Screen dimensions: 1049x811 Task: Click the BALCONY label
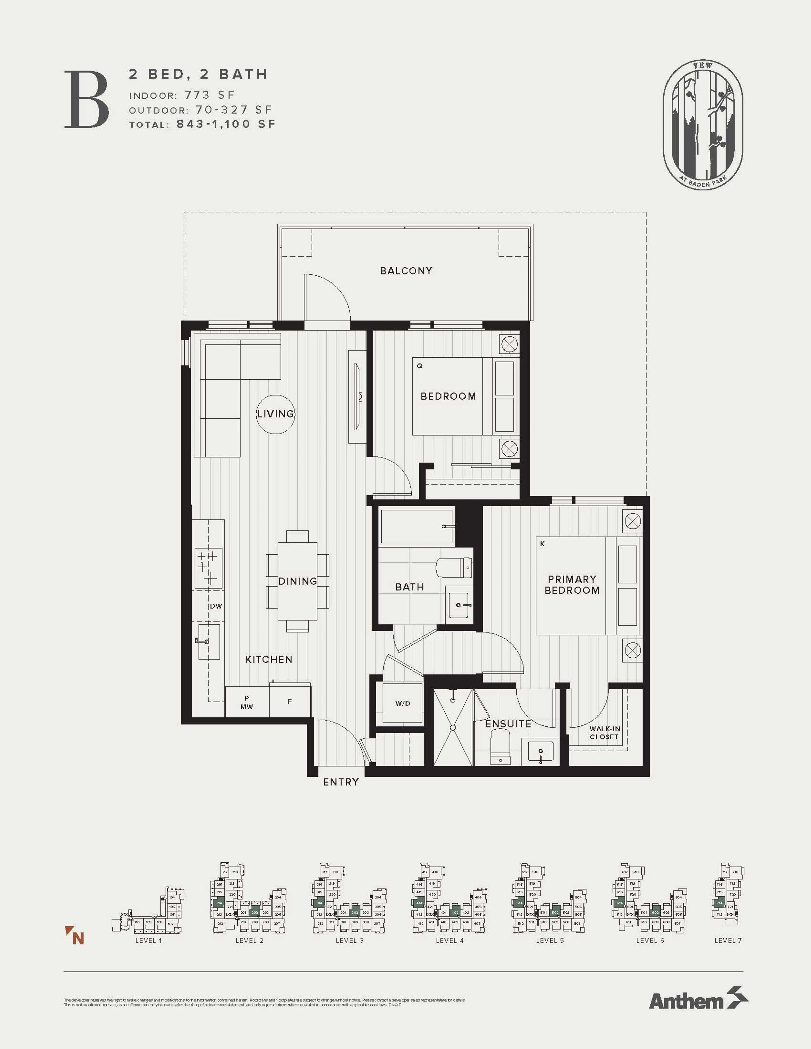click(406, 271)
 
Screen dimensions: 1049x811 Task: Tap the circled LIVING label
click(275, 414)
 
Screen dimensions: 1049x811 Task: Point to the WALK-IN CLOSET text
click(604, 733)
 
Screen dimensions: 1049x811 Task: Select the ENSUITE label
click(508, 723)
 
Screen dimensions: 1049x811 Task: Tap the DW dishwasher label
click(216, 606)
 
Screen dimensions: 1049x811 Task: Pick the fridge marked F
click(290, 702)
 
